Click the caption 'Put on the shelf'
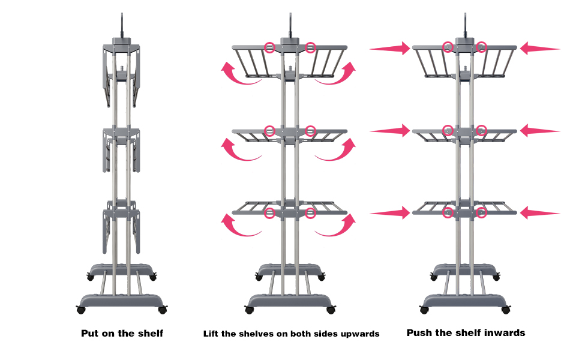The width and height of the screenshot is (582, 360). (x=122, y=333)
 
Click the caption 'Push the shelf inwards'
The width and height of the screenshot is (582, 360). (x=466, y=332)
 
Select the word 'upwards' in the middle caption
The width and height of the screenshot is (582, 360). (x=360, y=334)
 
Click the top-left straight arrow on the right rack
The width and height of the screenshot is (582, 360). (x=390, y=48)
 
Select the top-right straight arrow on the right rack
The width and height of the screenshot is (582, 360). (x=540, y=48)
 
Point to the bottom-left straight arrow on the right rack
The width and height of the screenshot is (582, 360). (x=390, y=212)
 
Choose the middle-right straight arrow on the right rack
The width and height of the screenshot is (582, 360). (x=540, y=130)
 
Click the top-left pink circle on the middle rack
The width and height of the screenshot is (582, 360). (x=270, y=47)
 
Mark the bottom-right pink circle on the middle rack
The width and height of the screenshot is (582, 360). (x=310, y=212)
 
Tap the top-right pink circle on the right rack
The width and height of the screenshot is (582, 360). (x=481, y=47)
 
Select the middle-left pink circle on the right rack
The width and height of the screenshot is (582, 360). (x=448, y=130)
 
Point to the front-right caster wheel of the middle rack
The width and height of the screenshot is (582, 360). (x=331, y=310)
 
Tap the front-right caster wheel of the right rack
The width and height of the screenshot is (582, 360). (x=505, y=310)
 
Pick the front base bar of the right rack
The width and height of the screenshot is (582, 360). (x=464, y=299)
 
